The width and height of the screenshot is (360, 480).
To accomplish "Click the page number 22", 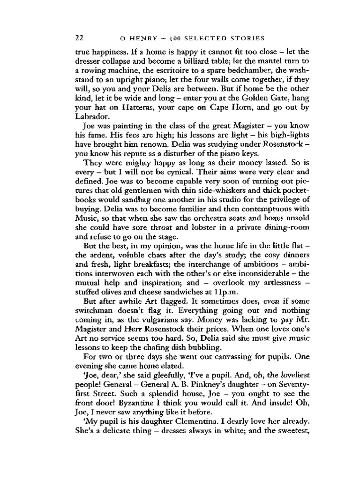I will [x=79, y=37].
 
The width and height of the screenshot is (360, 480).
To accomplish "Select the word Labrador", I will [x=90, y=118].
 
